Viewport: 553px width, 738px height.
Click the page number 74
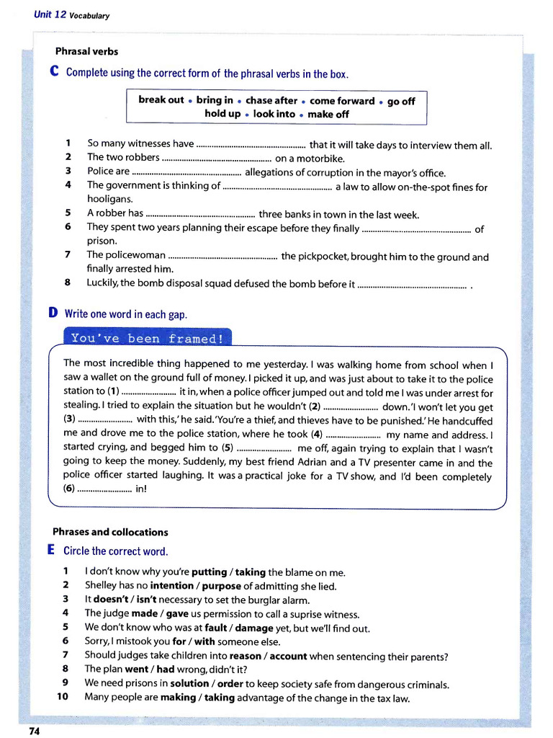[x=34, y=731]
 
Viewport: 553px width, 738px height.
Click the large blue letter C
[x=54, y=73]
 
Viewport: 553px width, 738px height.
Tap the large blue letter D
[x=53, y=314]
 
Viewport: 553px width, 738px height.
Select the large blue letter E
[x=52, y=551]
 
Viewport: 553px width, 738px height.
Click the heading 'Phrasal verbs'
[x=86, y=51]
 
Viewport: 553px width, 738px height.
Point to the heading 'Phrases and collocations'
[x=110, y=532]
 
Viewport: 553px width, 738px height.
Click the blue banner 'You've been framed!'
[x=148, y=338]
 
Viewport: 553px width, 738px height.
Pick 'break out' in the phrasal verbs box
[x=161, y=100]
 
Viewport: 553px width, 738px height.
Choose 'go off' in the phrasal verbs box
[x=401, y=101]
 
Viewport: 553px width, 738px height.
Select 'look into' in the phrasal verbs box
[x=274, y=114]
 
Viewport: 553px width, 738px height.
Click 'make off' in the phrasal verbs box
[x=328, y=114]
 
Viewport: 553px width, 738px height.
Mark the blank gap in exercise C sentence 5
[x=200, y=214]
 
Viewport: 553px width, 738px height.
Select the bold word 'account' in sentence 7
[x=287, y=656]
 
